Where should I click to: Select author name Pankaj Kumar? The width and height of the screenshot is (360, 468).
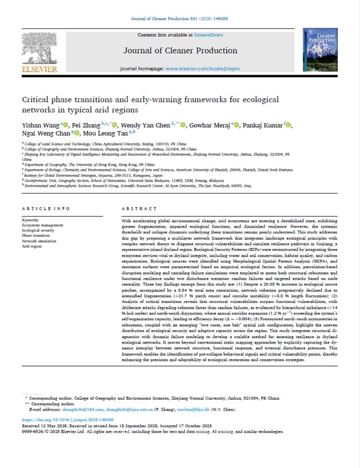click(261, 125)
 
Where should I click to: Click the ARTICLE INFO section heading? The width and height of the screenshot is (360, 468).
click(46, 208)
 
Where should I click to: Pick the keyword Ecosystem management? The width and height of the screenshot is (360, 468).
click(43, 225)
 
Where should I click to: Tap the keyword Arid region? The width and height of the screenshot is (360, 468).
click(34, 246)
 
